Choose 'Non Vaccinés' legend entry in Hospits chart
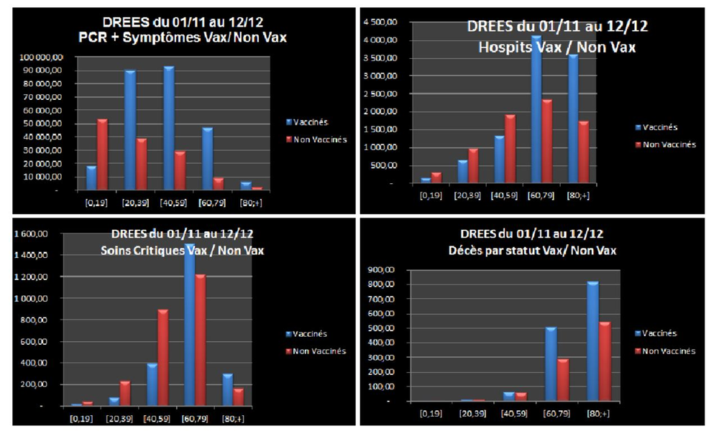[x=669, y=144]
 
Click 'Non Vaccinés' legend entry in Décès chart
[x=669, y=351]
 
